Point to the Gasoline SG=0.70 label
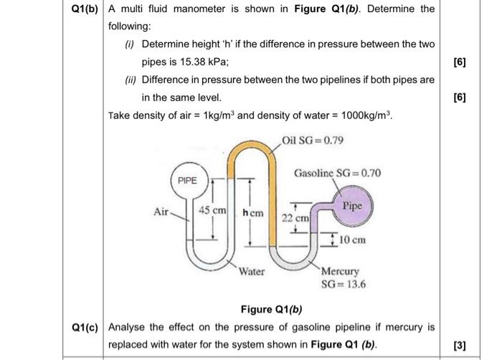pyautogui.click(x=337, y=174)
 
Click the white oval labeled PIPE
pyautogui.click(x=187, y=181)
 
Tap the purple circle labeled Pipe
pyautogui.click(x=352, y=206)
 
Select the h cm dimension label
pyautogui.click(x=253, y=214)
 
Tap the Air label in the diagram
pyautogui.click(x=163, y=212)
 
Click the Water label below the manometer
pyautogui.click(x=252, y=272)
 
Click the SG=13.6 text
pyautogui.click(x=343, y=284)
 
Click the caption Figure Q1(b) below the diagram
pyautogui.click(x=270, y=310)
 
